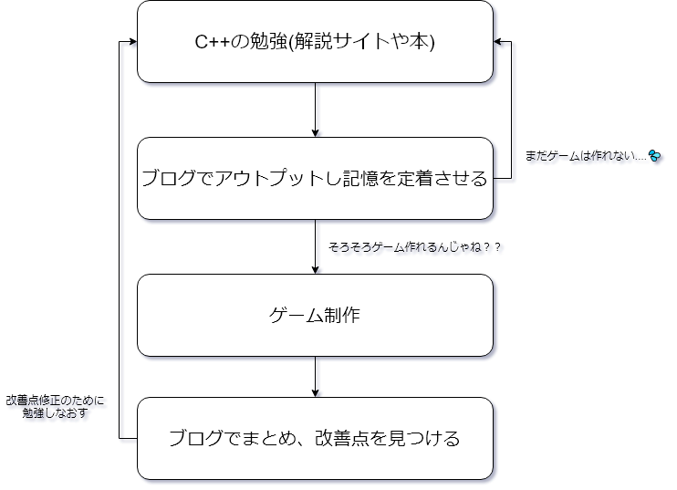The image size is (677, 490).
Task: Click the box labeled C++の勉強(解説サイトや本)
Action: (315, 41)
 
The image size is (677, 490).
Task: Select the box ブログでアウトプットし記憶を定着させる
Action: (315, 178)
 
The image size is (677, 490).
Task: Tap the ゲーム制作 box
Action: (315, 315)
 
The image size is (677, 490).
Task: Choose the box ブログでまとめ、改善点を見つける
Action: (315, 438)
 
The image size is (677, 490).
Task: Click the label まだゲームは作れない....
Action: (586, 155)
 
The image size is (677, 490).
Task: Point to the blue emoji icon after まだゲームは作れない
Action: (654, 155)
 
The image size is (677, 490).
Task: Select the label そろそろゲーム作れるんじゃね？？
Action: (414, 247)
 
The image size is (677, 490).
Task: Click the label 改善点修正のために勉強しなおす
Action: (55, 406)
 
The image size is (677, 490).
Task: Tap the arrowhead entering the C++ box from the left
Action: (133, 41)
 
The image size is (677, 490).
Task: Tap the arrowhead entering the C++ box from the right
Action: (497, 41)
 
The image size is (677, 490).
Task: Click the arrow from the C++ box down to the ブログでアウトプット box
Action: (315, 109)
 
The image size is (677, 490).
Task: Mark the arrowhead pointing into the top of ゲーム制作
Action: (315, 270)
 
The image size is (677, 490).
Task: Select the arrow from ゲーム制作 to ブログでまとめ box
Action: (315, 377)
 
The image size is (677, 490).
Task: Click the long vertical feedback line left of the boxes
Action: (120, 240)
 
